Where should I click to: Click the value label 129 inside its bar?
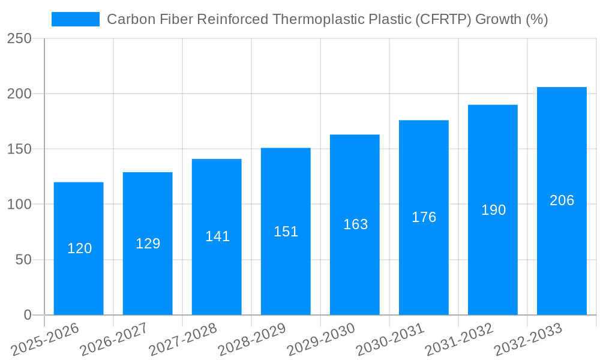[x=148, y=244]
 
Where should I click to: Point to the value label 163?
[x=355, y=224]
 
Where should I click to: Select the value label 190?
[x=493, y=210]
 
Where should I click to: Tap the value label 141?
[x=217, y=236]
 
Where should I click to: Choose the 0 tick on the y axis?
[x=27, y=315]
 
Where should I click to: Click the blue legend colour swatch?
[x=76, y=19]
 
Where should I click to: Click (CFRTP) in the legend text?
[x=442, y=19]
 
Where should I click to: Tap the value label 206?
[x=562, y=200]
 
